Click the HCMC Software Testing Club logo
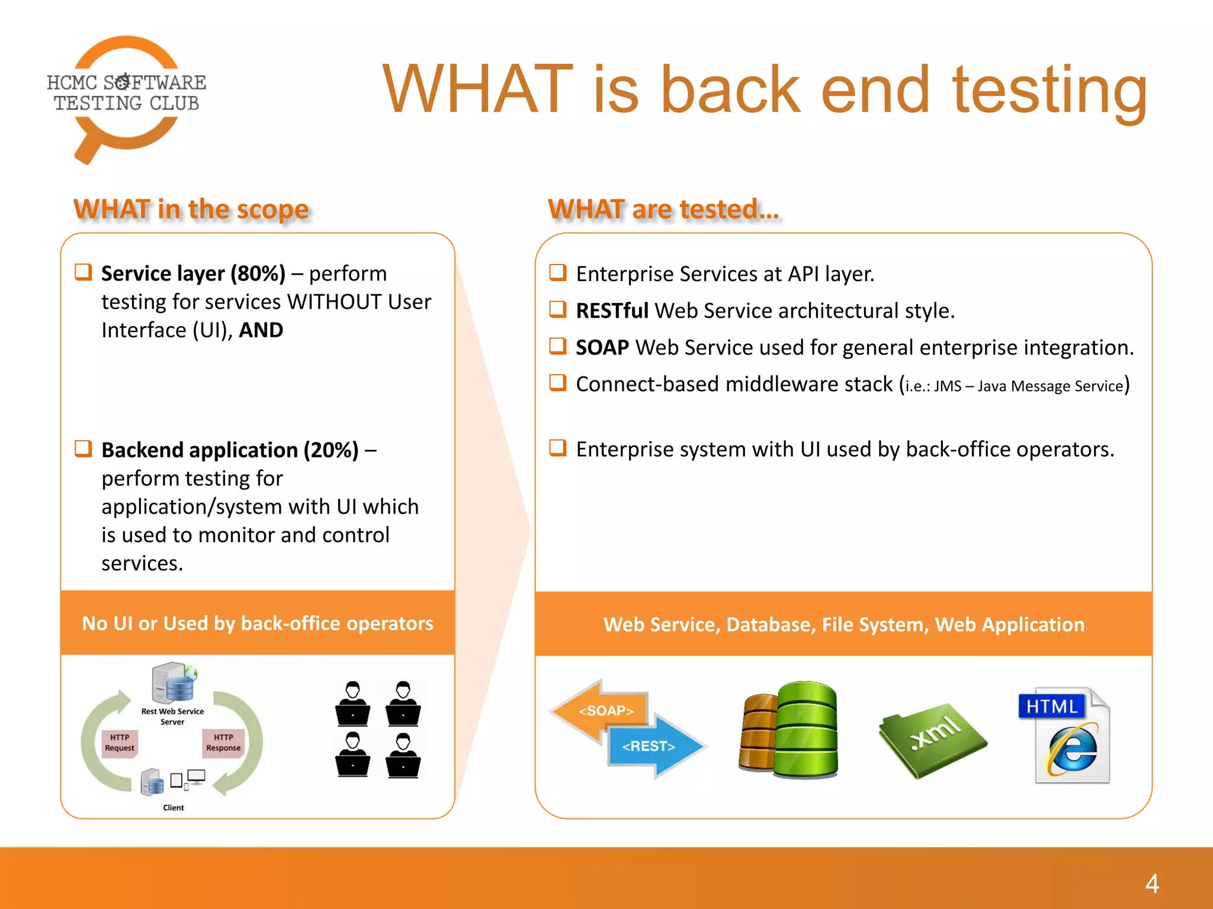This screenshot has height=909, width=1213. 126,95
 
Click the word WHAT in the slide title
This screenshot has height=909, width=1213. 477,90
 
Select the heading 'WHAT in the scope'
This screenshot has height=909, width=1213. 191,209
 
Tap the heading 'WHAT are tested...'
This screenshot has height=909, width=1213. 663,209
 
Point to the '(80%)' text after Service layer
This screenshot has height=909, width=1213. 258,273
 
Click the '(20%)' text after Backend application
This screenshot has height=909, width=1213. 330,450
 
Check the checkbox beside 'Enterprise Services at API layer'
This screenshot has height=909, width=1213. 557,272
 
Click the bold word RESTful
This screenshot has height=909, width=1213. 612,311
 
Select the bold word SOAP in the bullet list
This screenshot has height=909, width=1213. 602,347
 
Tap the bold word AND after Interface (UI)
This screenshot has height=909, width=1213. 261,330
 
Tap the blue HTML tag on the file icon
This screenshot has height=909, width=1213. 1051,706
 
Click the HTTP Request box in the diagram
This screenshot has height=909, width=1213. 120,743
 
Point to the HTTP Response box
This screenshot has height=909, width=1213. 223,743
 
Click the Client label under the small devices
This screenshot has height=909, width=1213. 173,808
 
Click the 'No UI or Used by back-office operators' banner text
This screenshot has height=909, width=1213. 258,623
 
